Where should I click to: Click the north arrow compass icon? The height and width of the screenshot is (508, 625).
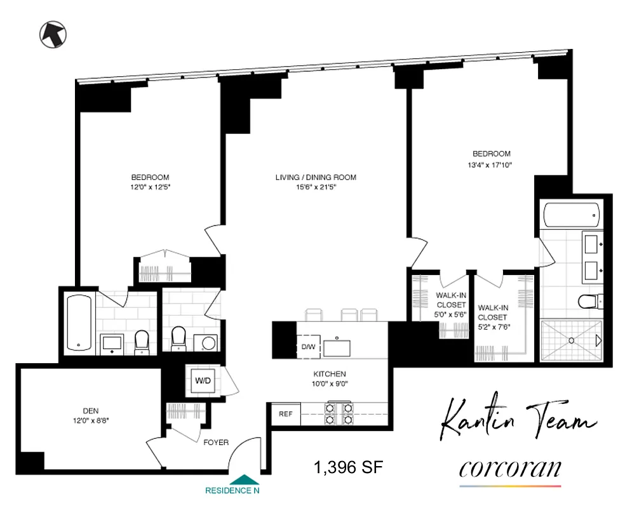[x=53, y=34]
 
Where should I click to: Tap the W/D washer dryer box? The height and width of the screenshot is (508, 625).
[x=203, y=381]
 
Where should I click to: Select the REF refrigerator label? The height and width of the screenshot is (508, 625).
[x=285, y=414]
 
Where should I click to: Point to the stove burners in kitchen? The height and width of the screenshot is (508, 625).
[x=339, y=413]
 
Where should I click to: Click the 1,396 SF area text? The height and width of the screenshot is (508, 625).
[x=348, y=468]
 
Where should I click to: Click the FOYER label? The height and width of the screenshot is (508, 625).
[x=216, y=443]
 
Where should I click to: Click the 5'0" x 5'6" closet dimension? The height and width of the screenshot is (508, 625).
[x=451, y=313]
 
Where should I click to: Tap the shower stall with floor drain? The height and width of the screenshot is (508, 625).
[x=571, y=340]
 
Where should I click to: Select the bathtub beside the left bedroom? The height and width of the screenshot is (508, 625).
[x=79, y=322]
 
